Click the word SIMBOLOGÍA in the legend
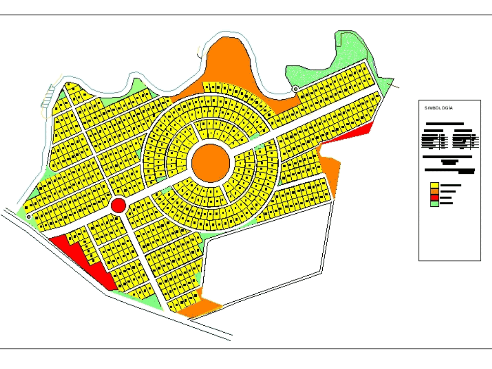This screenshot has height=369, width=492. pos(438,108)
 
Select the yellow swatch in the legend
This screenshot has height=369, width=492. pos(434,186)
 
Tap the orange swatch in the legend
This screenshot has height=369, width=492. pos(434,192)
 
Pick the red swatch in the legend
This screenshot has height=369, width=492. pos(434,198)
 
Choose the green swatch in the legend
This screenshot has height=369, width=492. pos(434,203)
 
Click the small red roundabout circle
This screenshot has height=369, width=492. pos(118,205)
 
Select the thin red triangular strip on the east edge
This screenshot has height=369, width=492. pos(352,134)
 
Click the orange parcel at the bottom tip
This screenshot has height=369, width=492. pos(199,309)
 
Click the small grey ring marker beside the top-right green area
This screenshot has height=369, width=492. pos(295,89)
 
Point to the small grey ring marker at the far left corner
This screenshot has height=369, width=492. pos(29,216)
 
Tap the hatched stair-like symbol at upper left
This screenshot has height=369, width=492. pos(48,96)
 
